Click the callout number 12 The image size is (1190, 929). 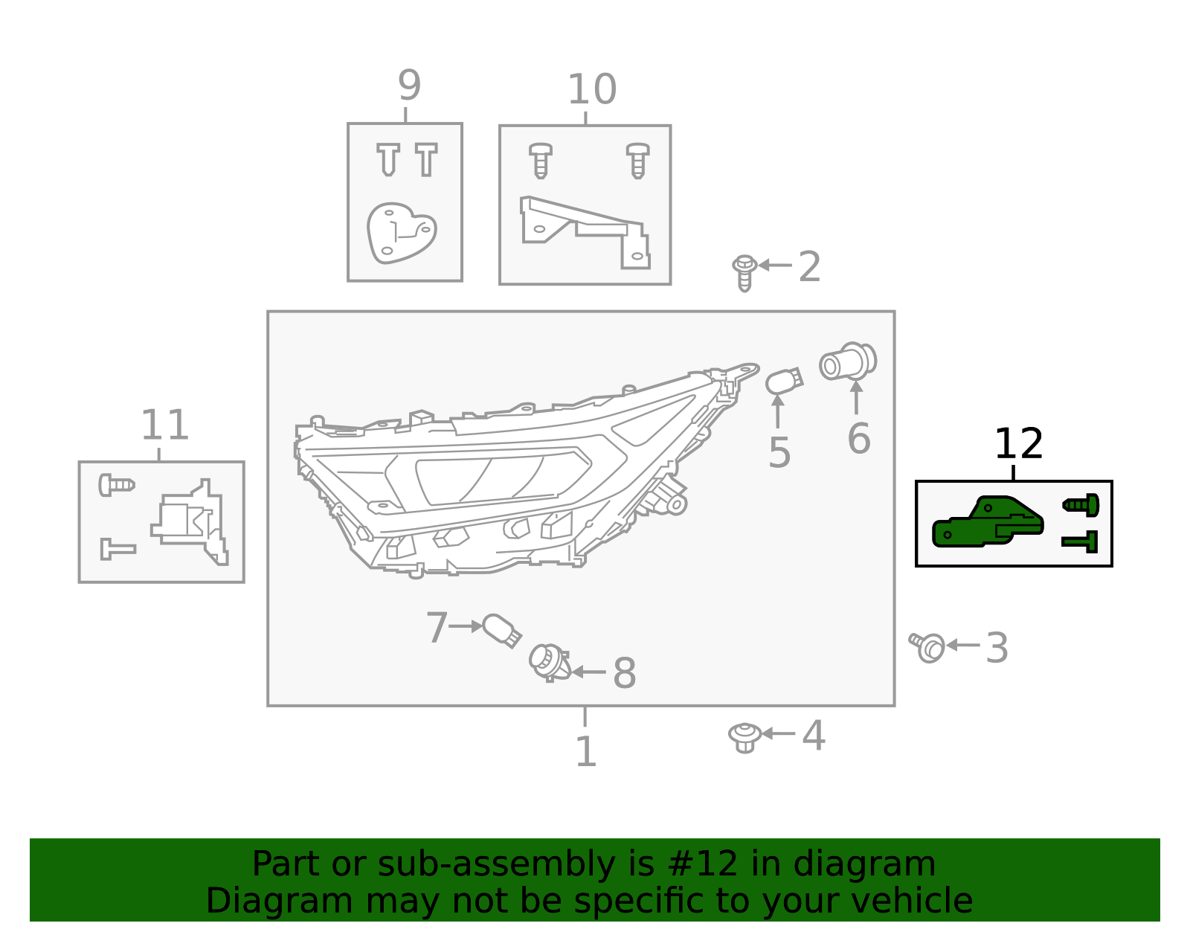(1018, 444)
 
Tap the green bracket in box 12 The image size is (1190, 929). (987, 523)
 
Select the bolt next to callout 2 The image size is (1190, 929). (744, 272)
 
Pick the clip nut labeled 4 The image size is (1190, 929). (744, 737)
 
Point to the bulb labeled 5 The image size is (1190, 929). (784, 382)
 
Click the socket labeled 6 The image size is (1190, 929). (848, 361)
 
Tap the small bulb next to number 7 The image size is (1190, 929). (501, 630)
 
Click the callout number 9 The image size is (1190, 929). (409, 86)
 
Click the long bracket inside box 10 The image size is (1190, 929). (585, 230)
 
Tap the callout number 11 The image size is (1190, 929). (164, 425)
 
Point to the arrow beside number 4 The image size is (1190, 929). (778, 733)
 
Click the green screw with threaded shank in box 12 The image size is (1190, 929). (1081, 505)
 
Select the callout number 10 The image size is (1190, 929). (591, 89)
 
